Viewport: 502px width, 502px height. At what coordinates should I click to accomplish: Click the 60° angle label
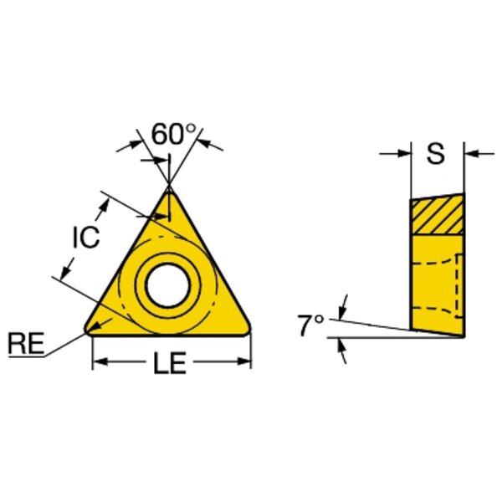173,135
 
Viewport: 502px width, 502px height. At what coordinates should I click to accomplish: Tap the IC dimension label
86,238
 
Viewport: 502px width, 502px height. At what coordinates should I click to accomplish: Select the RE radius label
26,343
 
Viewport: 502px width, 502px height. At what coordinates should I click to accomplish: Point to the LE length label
170,362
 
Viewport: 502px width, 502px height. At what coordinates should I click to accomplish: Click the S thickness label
436,153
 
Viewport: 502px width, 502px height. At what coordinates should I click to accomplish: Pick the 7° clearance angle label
310,325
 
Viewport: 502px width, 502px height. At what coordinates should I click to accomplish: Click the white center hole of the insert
168,284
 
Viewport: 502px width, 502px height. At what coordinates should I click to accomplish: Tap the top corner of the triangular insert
169,189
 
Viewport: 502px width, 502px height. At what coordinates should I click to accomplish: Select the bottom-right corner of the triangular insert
247,330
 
